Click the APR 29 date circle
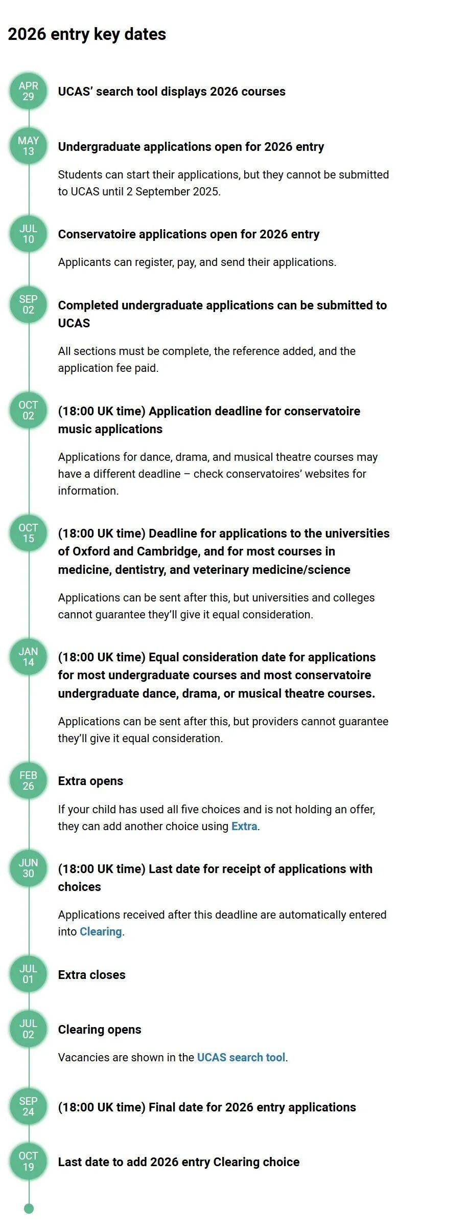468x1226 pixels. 29,91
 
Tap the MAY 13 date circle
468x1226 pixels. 29,146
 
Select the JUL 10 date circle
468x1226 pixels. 29,234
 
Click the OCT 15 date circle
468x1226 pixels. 29,533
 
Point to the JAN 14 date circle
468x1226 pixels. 29,657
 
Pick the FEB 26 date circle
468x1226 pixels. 29,781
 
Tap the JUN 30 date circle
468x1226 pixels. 29,868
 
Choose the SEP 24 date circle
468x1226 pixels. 29,1106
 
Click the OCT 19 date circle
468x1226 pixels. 29,1162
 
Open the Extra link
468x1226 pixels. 244,826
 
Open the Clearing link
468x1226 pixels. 101,931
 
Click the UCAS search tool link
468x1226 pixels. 241,1057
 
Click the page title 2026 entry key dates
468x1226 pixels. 87,34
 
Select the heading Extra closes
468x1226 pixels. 92,974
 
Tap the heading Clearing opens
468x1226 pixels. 100,1029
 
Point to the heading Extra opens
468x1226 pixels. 90,781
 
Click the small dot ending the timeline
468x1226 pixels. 29,1209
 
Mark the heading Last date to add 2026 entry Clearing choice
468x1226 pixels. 179,1162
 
